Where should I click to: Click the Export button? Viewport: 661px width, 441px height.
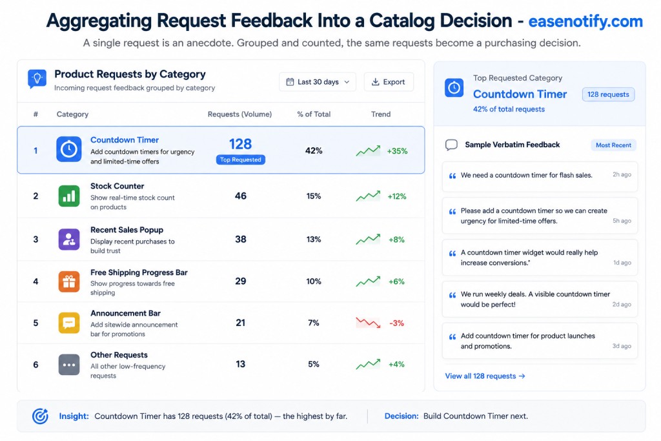[388, 82]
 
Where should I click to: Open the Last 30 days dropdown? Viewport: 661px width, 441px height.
[318, 82]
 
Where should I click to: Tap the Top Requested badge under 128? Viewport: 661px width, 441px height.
[241, 159]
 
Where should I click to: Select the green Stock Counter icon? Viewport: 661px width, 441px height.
[68, 196]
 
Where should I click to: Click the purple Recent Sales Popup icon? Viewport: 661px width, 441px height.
[68, 240]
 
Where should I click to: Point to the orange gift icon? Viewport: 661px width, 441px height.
[68, 282]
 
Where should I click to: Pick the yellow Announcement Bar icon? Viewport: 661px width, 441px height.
[68, 323]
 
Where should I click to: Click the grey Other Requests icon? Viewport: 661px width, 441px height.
[68, 365]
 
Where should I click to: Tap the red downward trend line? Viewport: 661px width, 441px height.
[368, 323]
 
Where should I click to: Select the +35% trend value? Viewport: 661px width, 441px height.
[397, 151]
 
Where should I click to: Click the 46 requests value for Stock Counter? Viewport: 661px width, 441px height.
[241, 196]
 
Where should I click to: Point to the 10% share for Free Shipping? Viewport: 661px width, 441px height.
[314, 282]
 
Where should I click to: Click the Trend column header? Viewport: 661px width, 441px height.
[381, 114]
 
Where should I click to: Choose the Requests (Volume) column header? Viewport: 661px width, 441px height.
[239, 114]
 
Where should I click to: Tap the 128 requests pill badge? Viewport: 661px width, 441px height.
[608, 94]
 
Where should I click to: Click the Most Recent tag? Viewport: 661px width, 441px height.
[613, 145]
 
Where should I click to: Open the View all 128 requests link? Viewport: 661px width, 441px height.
[485, 376]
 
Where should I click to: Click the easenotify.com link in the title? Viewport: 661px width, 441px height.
[585, 21]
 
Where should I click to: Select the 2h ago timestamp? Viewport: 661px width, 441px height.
[622, 174]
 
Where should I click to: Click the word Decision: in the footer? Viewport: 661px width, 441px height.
[402, 416]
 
